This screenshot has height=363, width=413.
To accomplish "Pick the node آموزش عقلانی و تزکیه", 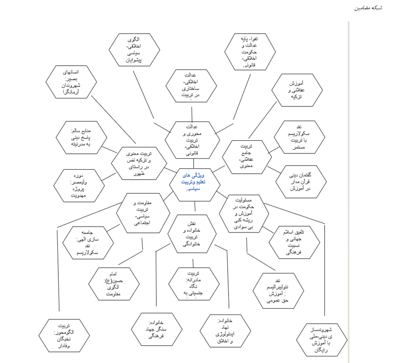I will click(297, 90).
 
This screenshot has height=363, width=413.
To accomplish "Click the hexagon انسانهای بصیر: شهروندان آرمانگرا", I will click(70, 82).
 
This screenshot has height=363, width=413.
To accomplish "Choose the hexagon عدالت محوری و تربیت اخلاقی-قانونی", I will click(191, 139).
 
